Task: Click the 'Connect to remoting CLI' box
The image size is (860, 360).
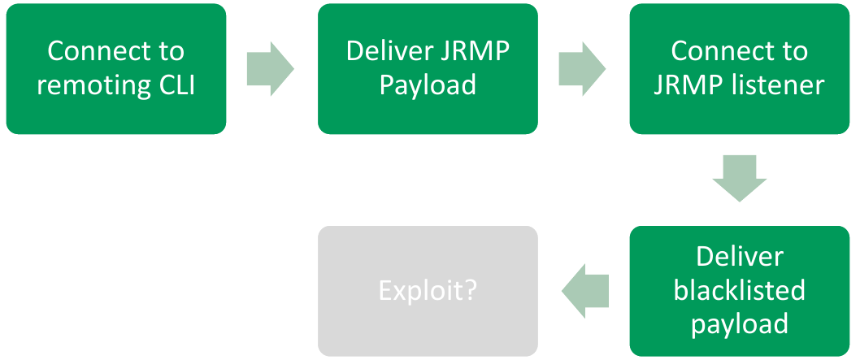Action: click(x=115, y=68)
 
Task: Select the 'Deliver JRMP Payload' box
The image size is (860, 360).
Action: click(x=428, y=68)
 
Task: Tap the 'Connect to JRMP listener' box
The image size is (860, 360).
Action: click(x=739, y=68)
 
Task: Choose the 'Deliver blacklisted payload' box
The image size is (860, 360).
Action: click(x=739, y=290)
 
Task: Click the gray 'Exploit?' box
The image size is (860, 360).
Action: click(x=428, y=290)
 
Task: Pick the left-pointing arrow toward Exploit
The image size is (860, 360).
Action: click(x=585, y=289)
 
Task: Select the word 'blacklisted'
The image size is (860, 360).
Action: click(x=739, y=290)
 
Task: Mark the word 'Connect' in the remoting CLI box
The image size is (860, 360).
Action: click(x=93, y=51)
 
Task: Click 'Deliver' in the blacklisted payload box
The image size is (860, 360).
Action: click(x=739, y=257)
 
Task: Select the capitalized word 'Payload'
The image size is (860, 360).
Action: click(x=428, y=85)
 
